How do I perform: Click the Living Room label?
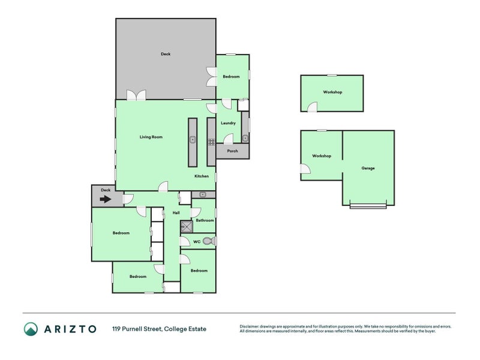pos(151,137)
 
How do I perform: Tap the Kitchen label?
pos(201,176)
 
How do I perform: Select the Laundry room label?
pos(228,123)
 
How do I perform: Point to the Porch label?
pos(232,151)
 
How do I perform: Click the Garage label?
pos(368,168)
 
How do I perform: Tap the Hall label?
pos(176,213)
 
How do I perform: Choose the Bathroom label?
pos(205,220)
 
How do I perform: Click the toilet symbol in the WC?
pos(208,241)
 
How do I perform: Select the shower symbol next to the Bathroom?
pos(187,226)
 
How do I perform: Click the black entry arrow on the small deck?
pos(106,199)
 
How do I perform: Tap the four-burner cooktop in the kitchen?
pos(211,142)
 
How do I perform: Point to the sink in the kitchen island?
pos(193,140)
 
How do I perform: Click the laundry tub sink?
pos(245,139)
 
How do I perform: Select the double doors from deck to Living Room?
pos(136,95)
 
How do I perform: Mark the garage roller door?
pos(368,207)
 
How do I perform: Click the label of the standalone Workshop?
pos(332,92)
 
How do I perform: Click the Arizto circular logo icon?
pos(31,329)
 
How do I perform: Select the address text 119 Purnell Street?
pos(159,329)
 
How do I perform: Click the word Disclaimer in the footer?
pos(251,326)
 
